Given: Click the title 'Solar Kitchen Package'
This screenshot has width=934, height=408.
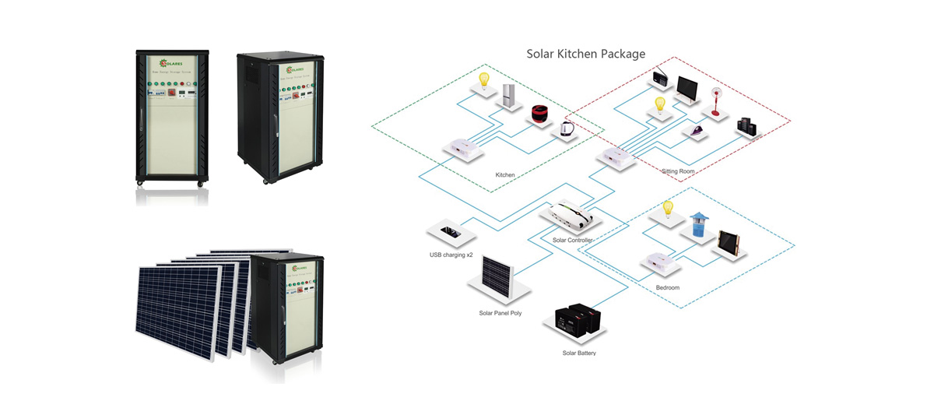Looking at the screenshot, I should coord(585,54).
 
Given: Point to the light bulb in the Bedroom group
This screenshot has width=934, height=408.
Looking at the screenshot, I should coord(666,210).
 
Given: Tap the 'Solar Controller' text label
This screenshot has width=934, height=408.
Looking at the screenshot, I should coord(573,240).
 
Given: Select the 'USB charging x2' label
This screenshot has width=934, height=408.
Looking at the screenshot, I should coord(451,255).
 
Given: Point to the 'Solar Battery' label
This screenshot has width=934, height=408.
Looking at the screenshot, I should coord(579,353).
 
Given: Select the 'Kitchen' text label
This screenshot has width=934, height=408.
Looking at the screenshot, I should coord(505,175).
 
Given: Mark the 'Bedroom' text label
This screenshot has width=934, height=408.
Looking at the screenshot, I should coord(667,287).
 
